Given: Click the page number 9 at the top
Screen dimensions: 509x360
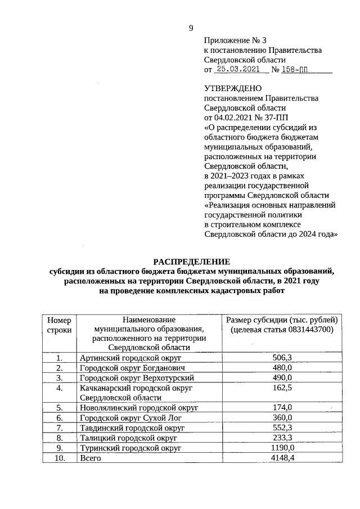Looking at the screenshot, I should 191,29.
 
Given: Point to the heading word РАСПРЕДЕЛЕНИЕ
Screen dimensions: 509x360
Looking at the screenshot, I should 192,261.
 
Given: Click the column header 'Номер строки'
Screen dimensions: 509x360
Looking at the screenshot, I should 59,325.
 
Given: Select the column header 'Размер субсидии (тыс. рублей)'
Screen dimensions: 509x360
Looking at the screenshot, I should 282,319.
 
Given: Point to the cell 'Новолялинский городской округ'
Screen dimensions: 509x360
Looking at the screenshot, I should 139,408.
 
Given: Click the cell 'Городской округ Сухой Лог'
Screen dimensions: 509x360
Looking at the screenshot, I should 128,418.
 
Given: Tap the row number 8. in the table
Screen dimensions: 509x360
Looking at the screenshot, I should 59,438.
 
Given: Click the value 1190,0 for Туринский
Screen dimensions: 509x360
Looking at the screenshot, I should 282,448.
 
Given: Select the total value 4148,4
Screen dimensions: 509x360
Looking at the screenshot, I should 282,458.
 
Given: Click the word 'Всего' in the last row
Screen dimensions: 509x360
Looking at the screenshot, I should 90,458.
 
